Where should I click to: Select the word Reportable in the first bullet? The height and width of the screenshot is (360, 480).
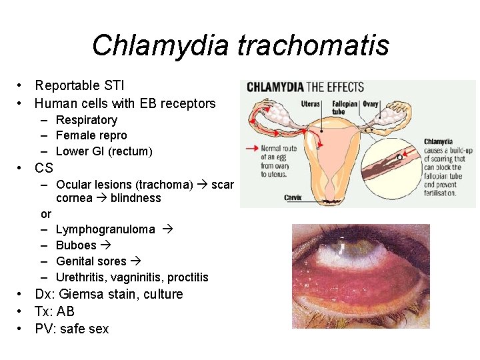65,85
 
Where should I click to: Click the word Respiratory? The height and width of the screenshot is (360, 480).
87,120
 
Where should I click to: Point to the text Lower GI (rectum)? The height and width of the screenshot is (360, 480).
104,151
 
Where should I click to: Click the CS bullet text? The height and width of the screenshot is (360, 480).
44,168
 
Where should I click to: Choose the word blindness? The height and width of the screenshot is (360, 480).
136,198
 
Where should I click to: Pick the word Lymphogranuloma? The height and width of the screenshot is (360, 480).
105,229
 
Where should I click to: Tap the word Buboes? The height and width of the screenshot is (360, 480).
76,245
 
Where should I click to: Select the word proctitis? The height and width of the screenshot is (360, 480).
188,277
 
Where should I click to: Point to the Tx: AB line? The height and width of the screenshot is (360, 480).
55,311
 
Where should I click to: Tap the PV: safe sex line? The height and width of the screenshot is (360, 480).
71,329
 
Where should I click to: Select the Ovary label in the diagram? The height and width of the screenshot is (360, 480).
371,104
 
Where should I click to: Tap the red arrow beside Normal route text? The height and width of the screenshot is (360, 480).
251,148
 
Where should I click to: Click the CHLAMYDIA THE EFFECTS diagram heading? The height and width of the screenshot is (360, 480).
305,87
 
